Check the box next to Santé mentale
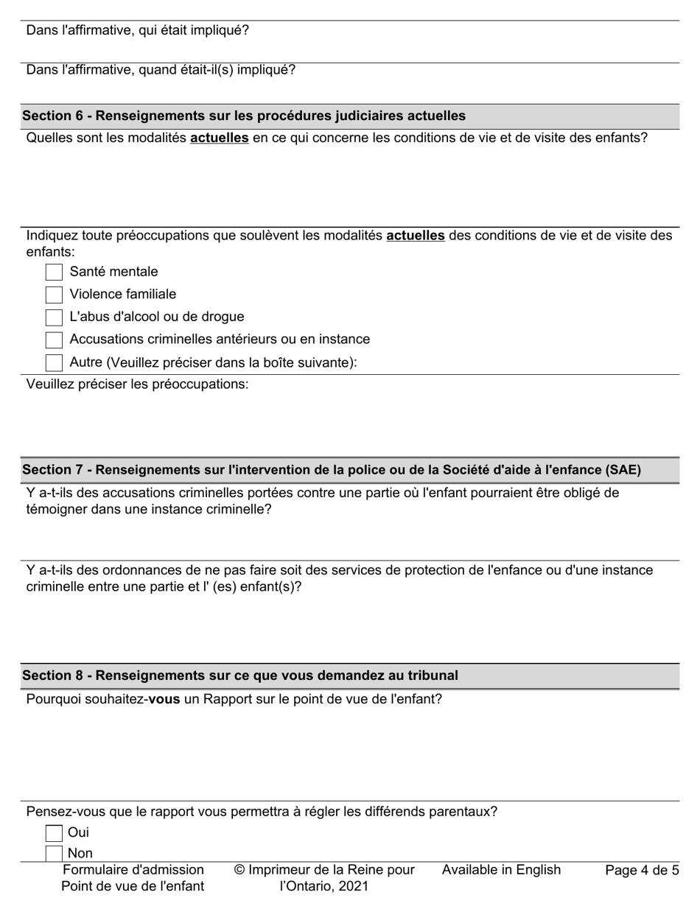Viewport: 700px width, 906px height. tap(54, 272)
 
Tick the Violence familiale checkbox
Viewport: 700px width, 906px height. tap(54, 295)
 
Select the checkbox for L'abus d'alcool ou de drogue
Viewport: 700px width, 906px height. tap(54, 317)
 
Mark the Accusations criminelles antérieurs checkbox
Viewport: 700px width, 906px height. tap(54, 340)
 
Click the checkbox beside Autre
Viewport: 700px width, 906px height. tap(54, 362)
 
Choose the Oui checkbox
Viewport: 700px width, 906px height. tap(54, 833)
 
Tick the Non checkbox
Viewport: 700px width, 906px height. tap(54, 854)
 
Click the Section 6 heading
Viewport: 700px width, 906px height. tap(243, 116)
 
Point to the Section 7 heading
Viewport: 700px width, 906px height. tap(331, 470)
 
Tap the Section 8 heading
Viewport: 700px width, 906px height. tap(239, 675)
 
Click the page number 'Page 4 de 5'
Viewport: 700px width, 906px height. tap(642, 871)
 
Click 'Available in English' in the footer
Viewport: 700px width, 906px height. tap(501, 870)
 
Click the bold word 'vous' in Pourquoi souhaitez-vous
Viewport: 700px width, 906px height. tap(164, 699)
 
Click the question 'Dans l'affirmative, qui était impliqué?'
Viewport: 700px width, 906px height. tap(138, 30)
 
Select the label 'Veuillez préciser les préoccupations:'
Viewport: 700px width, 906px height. tap(138, 384)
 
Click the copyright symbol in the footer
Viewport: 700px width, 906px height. tap(239, 870)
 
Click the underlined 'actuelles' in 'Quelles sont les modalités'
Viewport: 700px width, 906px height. tap(219, 137)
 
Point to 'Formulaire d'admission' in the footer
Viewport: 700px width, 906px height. tap(133, 870)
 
